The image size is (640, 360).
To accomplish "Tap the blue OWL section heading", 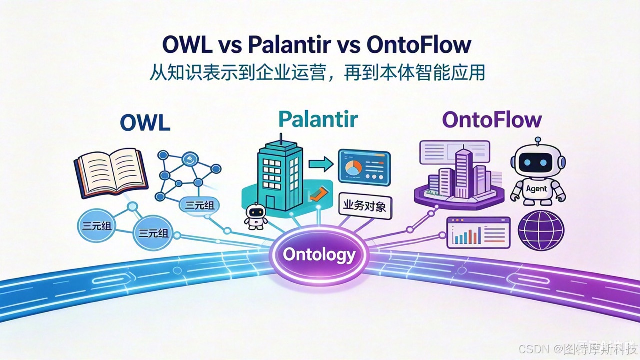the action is click(x=145, y=123).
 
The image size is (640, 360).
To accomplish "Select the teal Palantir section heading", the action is click(x=318, y=119).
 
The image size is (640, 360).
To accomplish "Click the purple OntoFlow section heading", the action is click(x=492, y=120).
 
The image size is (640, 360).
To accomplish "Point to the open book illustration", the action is click(x=111, y=173).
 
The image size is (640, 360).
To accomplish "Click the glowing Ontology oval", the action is click(x=319, y=254).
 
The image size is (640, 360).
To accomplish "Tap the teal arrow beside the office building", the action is click(x=321, y=164).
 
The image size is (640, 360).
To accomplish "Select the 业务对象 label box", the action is click(x=365, y=206).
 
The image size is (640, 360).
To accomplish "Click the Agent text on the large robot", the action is click(x=536, y=189).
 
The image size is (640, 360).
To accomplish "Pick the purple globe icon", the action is click(x=541, y=231).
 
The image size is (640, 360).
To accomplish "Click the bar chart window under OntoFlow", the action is click(x=478, y=233).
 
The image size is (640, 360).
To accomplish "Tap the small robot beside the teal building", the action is click(x=256, y=217).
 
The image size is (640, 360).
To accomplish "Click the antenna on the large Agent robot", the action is click(x=538, y=142).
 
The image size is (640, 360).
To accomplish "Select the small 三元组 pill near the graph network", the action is click(x=199, y=205).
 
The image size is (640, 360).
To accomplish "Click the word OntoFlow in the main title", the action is click(x=419, y=45).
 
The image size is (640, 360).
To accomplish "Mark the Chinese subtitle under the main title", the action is click(x=317, y=73).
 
